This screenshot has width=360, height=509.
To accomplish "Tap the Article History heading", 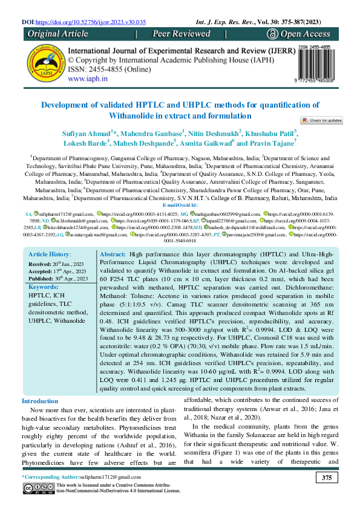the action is click(50, 273).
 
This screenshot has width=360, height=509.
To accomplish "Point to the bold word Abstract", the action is click(111, 273).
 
